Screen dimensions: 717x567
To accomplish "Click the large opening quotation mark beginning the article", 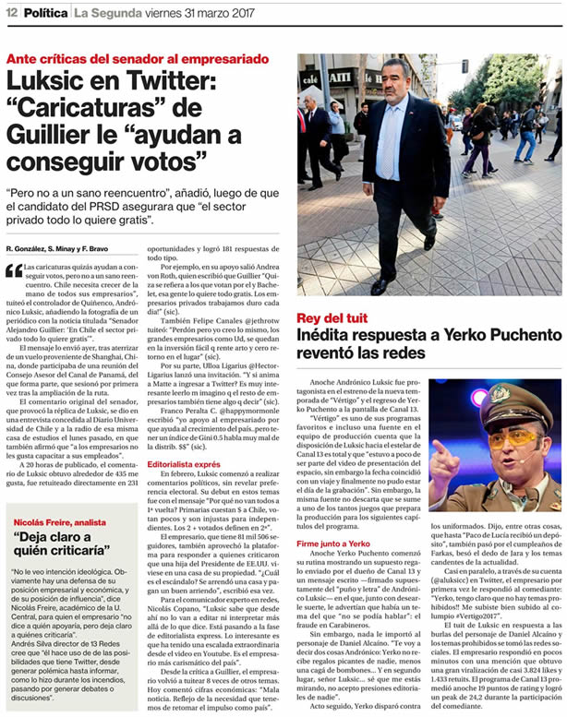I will click(x=13, y=270).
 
